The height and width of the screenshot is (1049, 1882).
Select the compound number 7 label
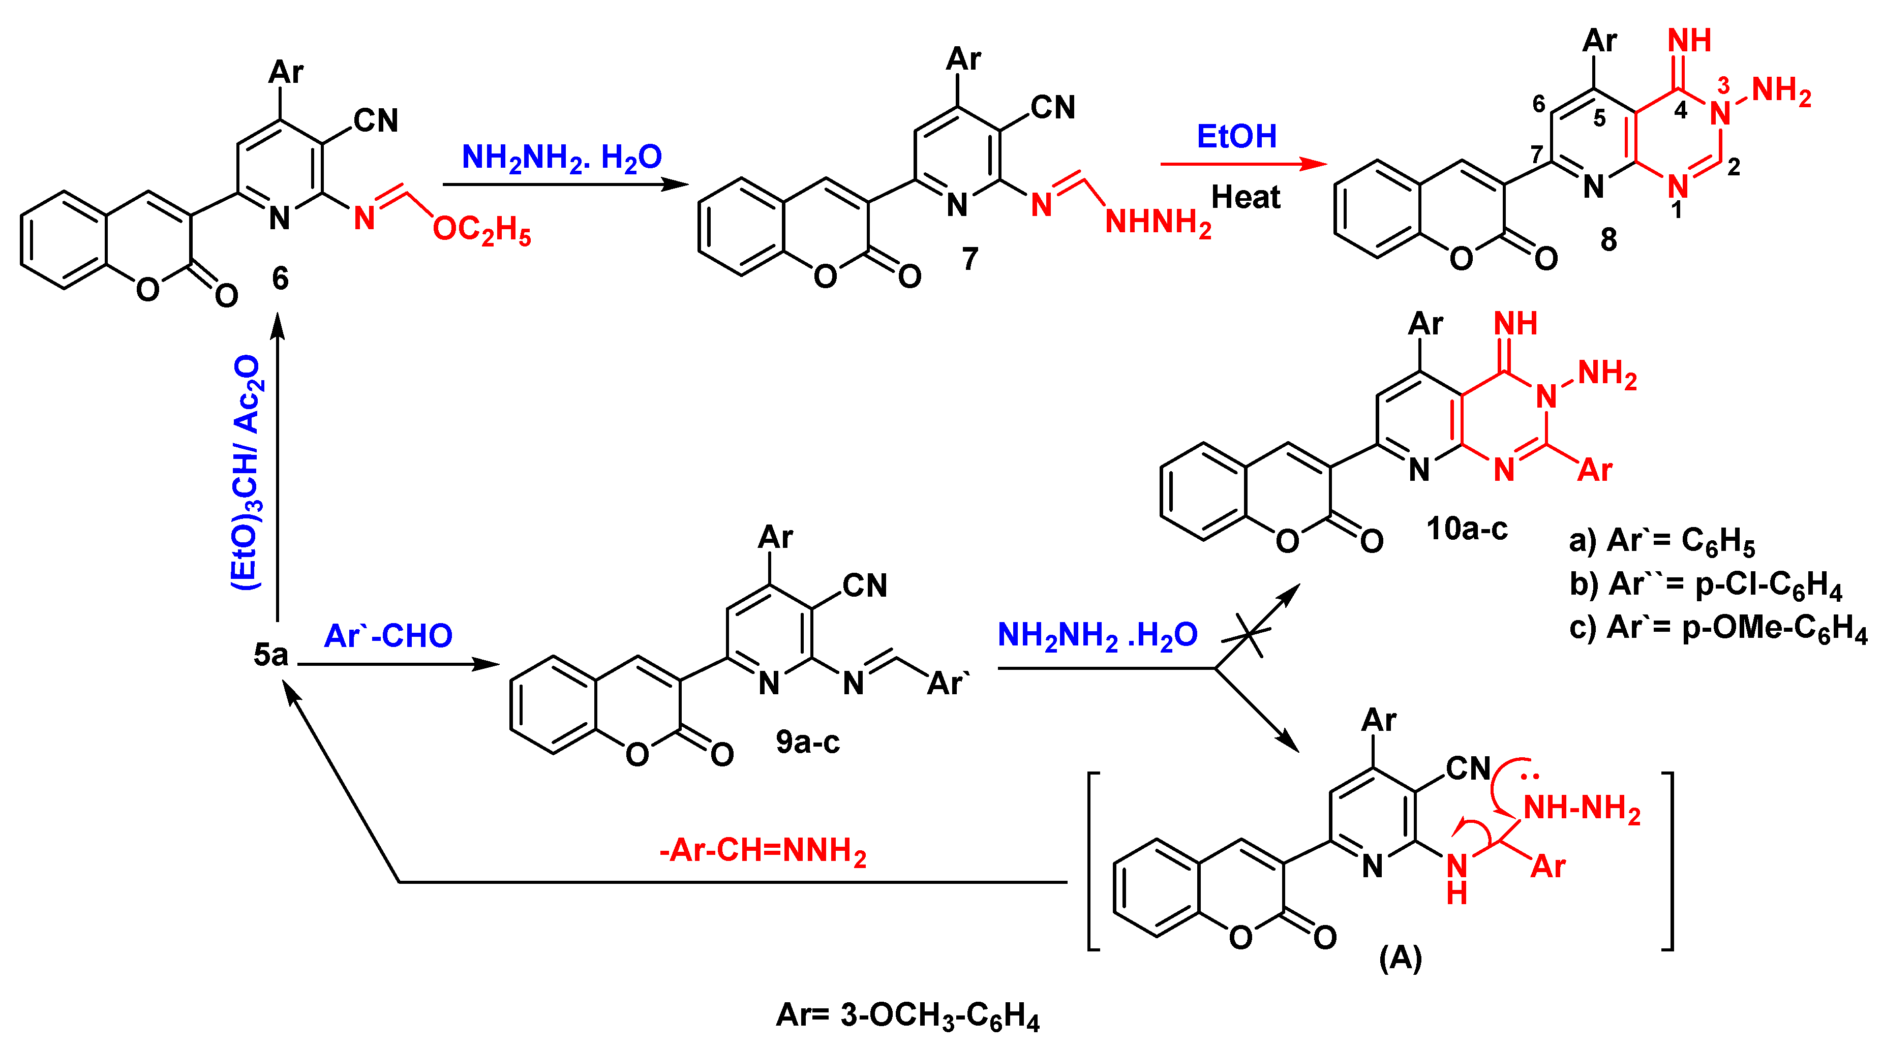click(x=969, y=259)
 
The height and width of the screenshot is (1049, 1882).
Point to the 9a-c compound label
click(x=807, y=742)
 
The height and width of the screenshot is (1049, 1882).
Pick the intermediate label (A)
click(x=1400, y=958)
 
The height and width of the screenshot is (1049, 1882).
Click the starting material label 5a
click(x=270, y=655)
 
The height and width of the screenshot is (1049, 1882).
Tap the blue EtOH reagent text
click(x=1236, y=137)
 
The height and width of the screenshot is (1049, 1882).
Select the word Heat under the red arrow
click(x=1246, y=197)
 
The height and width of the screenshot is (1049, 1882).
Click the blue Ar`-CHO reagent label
click(x=388, y=636)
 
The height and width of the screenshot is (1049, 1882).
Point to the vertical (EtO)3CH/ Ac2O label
click(x=246, y=473)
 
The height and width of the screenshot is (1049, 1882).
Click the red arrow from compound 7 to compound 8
click(x=1242, y=164)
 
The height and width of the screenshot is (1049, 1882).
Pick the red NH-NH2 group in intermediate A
click(x=1582, y=809)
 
